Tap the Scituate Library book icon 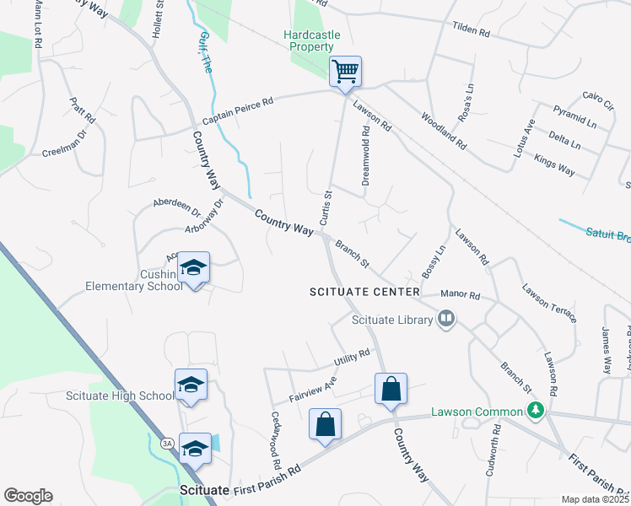446,318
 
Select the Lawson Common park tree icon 533,411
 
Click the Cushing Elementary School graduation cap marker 194,268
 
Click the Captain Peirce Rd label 238,111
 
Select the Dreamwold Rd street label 366,156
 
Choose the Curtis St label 323,207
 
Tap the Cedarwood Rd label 275,440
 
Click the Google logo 28,495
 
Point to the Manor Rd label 462,297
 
